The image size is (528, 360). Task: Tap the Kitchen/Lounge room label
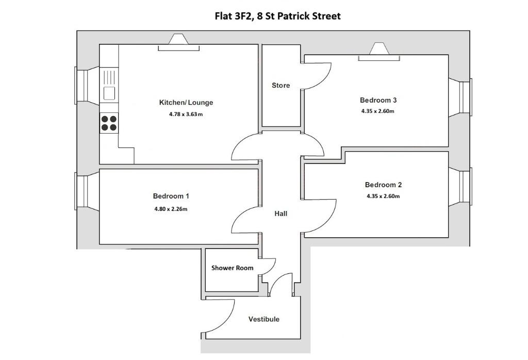pos(186,102)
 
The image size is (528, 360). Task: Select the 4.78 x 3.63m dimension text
pos(186,114)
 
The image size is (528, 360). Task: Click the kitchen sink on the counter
pos(109,85)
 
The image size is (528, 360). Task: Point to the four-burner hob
pos(109,123)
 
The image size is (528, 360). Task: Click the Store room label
pos(281,86)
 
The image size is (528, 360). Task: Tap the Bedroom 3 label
pos(378,100)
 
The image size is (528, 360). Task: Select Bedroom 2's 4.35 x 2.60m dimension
pos(383,197)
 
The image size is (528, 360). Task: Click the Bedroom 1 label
pos(171,196)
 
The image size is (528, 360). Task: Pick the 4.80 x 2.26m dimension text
pos(171,209)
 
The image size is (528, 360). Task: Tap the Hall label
pos(281,214)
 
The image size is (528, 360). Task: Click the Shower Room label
pos(233,268)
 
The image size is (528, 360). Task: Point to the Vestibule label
pos(264,319)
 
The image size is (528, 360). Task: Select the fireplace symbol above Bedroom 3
pos(379,52)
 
